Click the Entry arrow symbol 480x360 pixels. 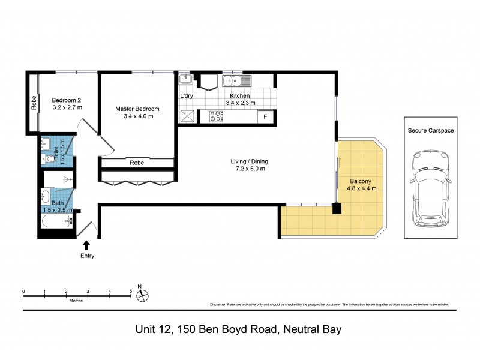tap(86, 245)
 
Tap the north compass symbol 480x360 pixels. tap(143, 295)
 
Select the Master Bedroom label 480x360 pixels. tap(137, 109)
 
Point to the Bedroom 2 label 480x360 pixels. tap(67, 100)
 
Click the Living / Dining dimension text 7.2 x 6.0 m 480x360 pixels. tap(250, 169)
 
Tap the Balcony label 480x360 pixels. tap(361, 181)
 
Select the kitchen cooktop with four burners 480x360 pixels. tap(217, 116)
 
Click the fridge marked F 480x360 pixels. tap(266, 117)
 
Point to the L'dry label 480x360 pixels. tap(187, 96)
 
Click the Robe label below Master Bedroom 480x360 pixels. tap(137, 163)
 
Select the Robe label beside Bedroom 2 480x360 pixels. tap(34, 103)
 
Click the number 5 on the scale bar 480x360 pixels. tap(131, 292)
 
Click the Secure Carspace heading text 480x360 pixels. tap(430, 130)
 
